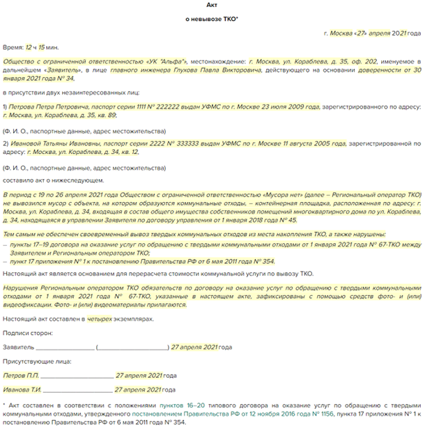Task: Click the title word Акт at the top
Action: (x=212, y=6)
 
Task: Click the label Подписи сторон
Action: (x=25, y=332)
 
